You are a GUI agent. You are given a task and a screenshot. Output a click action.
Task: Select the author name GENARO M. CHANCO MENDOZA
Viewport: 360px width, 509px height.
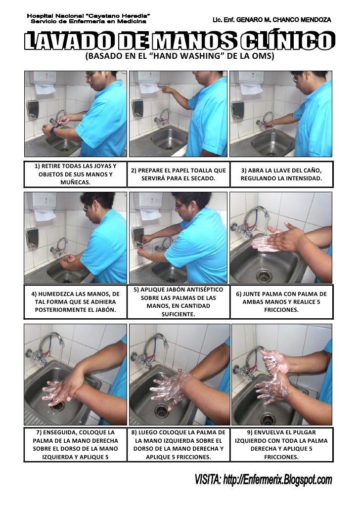284,20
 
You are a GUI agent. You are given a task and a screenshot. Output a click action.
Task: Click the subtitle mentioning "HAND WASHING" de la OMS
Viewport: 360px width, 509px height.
180,56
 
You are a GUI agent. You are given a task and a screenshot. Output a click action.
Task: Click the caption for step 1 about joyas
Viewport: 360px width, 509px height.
75,174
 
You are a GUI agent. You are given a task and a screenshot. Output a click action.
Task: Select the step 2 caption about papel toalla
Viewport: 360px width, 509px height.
179,174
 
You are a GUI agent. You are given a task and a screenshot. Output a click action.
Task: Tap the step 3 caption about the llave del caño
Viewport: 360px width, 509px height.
281,174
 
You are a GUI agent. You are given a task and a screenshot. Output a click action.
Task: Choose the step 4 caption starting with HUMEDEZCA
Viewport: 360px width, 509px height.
75,302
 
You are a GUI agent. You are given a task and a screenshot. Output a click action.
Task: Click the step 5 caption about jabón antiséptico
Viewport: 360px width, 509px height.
179,302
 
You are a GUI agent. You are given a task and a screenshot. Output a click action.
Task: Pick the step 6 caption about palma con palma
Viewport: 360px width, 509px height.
281,302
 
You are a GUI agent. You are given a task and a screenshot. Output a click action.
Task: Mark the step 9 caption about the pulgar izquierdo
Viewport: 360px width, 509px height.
281,445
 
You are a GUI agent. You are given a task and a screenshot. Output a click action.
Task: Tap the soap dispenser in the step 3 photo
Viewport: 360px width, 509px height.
237,110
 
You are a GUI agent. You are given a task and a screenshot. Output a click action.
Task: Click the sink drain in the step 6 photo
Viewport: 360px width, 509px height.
264,276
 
